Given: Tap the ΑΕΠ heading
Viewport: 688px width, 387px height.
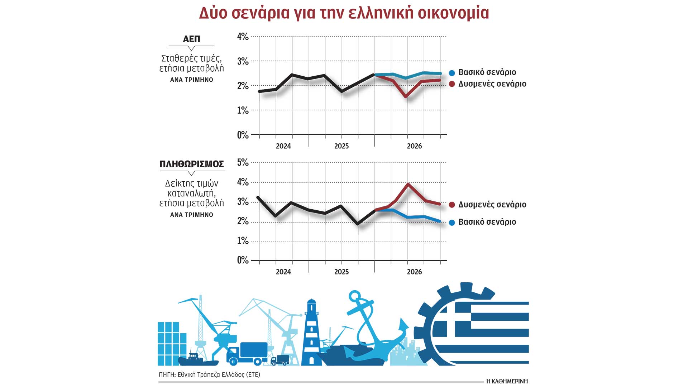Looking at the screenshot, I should click(191, 39).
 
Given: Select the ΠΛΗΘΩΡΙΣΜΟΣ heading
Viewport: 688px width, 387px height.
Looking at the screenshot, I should click(191, 164).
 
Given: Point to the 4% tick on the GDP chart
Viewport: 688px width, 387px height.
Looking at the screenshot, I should click(243, 37).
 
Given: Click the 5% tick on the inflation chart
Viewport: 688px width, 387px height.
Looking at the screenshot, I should click(243, 162).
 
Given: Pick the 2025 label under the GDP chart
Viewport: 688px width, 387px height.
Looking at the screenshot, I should click(341, 146).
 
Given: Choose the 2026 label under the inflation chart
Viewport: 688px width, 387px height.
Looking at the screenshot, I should click(414, 272).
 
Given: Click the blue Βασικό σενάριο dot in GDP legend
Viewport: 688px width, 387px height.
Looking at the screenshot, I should click(452, 73).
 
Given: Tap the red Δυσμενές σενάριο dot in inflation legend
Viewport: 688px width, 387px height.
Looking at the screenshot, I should click(452, 205).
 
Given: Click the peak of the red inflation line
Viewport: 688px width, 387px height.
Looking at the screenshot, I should click(408, 184).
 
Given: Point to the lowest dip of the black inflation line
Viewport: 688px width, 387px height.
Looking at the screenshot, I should click(358, 224).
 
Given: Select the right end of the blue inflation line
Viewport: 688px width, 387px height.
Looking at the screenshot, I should click(440, 221).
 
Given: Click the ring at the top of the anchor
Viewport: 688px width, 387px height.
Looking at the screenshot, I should click(354, 296).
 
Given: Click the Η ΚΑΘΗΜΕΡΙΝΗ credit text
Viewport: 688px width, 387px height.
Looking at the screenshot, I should click(507, 381).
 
